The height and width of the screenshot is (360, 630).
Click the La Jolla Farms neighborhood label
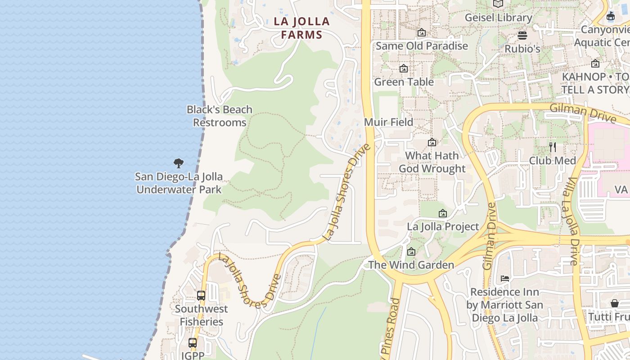[302, 28]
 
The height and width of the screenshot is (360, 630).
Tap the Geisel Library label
[498, 18]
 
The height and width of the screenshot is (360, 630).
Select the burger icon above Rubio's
[522, 35]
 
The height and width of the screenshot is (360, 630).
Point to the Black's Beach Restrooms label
[220, 116]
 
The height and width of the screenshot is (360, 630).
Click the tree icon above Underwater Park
[179, 163]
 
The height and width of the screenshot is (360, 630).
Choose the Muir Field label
[388, 122]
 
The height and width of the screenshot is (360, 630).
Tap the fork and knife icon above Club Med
[553, 147]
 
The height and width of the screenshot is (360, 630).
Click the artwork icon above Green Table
[404, 69]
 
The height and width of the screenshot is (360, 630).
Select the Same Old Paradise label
[422, 46]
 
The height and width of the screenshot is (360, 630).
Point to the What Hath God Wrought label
[432, 162]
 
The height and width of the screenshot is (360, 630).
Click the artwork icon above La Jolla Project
[443, 213]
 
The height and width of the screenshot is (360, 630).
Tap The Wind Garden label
[411, 265]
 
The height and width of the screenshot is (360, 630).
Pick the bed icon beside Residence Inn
[505, 279]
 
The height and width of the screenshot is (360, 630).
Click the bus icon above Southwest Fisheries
[201, 296]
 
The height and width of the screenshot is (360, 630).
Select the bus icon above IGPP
[193, 342]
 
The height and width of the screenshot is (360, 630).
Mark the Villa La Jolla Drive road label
[571, 220]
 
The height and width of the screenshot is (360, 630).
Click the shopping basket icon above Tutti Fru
[615, 304]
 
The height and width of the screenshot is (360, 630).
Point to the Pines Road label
[390, 328]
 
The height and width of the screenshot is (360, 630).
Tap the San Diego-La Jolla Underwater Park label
[179, 183]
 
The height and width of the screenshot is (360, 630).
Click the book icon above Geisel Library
[498, 4]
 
